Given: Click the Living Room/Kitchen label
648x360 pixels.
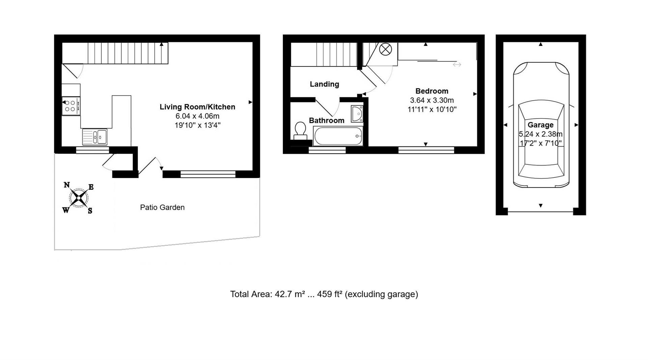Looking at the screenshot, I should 197,107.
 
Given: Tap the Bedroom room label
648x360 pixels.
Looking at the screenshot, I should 432,91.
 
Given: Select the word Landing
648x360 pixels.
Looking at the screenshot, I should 324,84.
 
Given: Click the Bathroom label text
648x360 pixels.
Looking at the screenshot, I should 326,121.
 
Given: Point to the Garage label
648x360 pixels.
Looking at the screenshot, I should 540,125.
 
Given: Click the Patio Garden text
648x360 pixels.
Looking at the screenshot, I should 162,207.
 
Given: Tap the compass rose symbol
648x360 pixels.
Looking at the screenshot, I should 78,198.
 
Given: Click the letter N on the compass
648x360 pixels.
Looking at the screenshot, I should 67,185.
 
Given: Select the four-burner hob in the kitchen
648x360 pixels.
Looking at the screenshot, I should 71,106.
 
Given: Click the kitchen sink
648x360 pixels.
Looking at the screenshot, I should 95,137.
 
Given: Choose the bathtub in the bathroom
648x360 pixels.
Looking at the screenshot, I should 338,136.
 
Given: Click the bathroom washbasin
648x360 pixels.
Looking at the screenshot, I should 357,114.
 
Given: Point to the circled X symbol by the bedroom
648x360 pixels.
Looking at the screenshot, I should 385,50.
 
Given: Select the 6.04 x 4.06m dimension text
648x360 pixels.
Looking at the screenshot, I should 197,116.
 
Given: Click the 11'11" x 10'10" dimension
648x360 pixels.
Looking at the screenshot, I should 432,109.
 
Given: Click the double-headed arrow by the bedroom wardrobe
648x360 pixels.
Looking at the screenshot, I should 457,65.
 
